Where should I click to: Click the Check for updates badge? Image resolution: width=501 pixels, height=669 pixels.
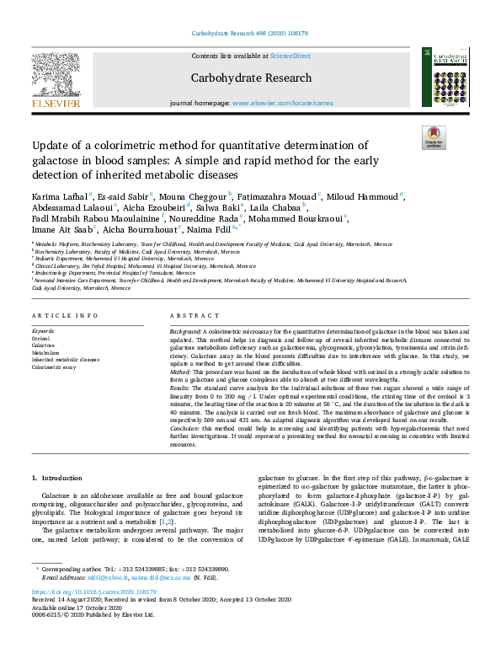click(434, 137)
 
